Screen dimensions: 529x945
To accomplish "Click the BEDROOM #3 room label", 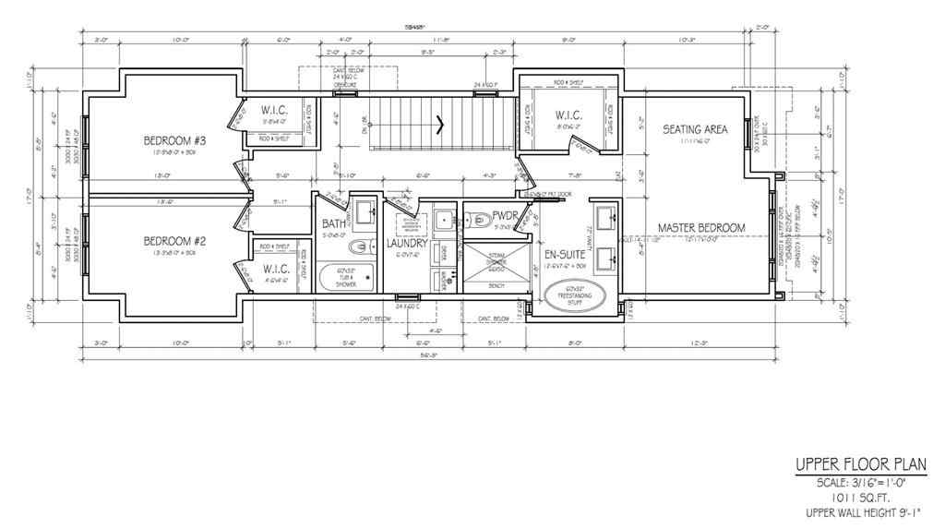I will point(173,140).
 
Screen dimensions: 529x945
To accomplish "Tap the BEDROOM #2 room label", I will point(173,241).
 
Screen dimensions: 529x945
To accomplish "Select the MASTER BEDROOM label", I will point(700,227).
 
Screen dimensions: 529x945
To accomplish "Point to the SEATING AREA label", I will point(695,129).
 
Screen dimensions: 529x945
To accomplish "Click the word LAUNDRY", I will point(407,244).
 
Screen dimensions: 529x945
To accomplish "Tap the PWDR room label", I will point(481,215).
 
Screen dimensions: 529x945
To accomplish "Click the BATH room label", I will point(334,224).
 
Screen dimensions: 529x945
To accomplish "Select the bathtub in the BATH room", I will point(344,278).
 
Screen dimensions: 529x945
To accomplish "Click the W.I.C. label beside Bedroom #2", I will point(277,269).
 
